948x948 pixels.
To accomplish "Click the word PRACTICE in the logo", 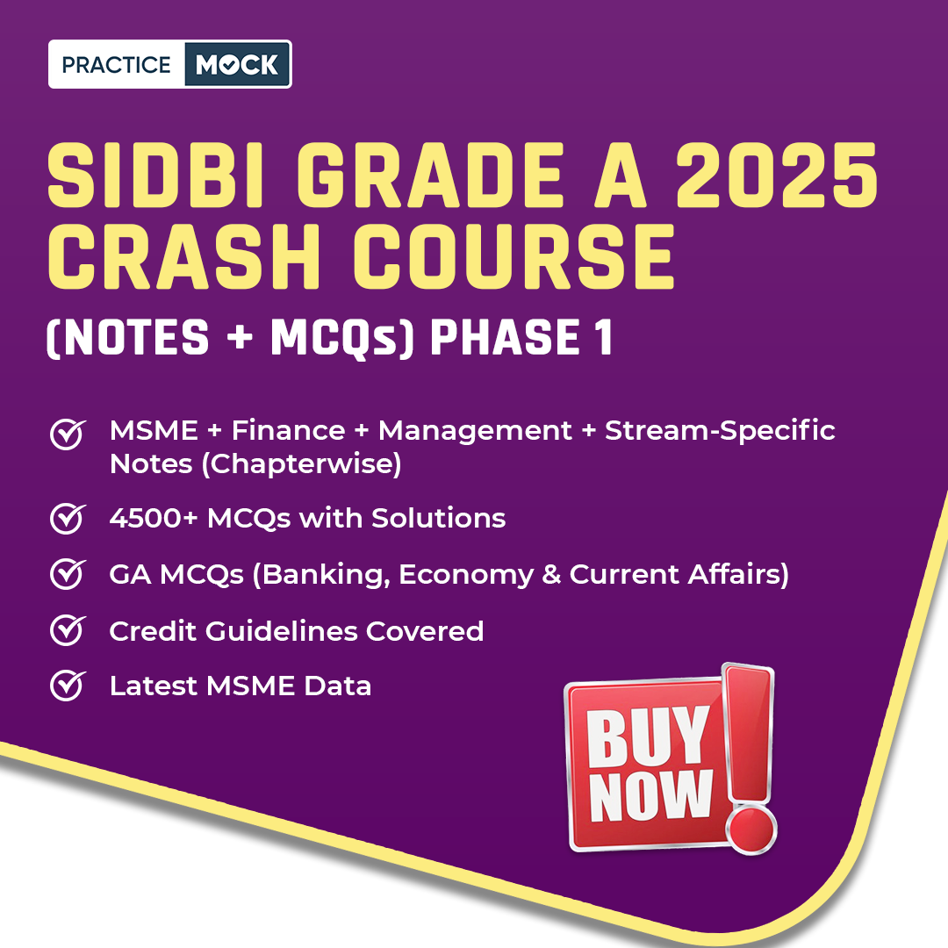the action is (116, 65).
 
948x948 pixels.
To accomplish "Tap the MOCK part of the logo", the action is (237, 65).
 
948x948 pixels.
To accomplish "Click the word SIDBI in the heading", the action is (156, 176).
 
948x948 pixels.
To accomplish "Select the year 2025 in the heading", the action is (776, 176).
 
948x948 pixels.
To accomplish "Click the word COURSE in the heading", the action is (513, 256).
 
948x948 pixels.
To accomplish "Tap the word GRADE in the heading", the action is (429, 176).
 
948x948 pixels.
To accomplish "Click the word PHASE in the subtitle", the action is (505, 337).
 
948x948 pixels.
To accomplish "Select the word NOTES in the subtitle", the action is (135, 337).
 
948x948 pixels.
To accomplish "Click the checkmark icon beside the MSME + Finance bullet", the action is (68, 434).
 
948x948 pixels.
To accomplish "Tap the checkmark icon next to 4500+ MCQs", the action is (68, 518).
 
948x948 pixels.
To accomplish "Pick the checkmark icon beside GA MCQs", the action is (68, 574).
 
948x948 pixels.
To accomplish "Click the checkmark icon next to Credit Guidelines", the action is (68, 630).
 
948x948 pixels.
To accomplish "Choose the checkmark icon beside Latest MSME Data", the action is (68, 686).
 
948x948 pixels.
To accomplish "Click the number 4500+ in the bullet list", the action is (154, 518).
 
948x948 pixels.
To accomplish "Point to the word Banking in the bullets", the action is (326, 574).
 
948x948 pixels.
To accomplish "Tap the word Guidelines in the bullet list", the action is (282, 631).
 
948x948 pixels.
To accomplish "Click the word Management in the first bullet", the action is (475, 431).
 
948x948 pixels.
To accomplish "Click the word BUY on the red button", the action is (647, 736).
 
